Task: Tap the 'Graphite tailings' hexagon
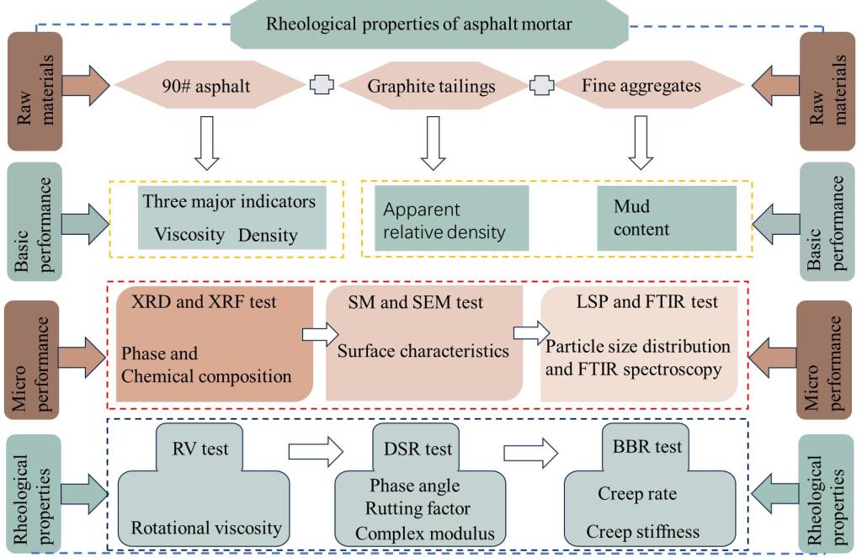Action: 430,85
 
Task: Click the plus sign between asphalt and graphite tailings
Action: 321,85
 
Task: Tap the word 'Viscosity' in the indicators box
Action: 186,235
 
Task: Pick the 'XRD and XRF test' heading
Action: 188,300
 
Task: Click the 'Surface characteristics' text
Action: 423,352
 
